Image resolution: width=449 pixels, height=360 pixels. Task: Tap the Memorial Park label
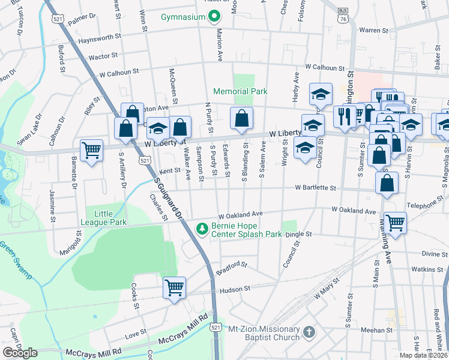point(240,92)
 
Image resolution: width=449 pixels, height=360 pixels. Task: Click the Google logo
point(20,353)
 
